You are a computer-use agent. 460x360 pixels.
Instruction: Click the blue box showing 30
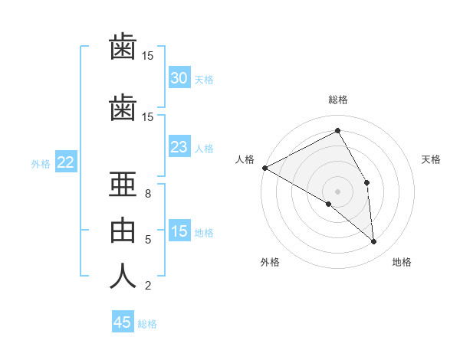pos(179,77)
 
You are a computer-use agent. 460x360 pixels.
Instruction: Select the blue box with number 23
pos(179,146)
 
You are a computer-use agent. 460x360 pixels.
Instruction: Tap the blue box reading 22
pos(66,162)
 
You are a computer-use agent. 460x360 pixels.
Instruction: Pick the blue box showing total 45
pos(123,321)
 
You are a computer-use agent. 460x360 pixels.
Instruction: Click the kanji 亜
pos(123,185)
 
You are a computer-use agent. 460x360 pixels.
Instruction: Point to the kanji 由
pos(123,231)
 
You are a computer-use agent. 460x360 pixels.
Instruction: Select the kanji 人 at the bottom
pos(123,276)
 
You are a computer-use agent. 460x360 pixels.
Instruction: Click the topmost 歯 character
pos(123,46)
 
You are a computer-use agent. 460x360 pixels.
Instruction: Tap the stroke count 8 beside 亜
pos(148,194)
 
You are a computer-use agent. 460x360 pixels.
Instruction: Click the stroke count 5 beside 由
pos(148,240)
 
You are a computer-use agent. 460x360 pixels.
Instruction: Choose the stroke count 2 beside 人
pos(148,286)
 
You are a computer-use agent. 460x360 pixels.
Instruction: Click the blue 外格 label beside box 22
pos(41,164)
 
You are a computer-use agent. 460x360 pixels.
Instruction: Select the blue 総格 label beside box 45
pos(147,324)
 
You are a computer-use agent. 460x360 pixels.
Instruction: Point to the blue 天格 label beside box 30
pos(204,80)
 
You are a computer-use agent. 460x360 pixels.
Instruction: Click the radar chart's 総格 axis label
pos(338,100)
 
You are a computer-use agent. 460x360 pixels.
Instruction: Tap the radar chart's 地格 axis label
pos(402,262)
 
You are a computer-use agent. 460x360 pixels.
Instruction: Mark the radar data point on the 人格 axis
pos(265,168)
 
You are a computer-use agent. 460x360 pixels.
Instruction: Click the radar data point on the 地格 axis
pos(373,241)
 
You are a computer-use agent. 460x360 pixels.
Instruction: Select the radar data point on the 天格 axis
pos(366,182)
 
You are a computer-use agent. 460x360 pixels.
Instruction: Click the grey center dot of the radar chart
pos(337,191)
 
